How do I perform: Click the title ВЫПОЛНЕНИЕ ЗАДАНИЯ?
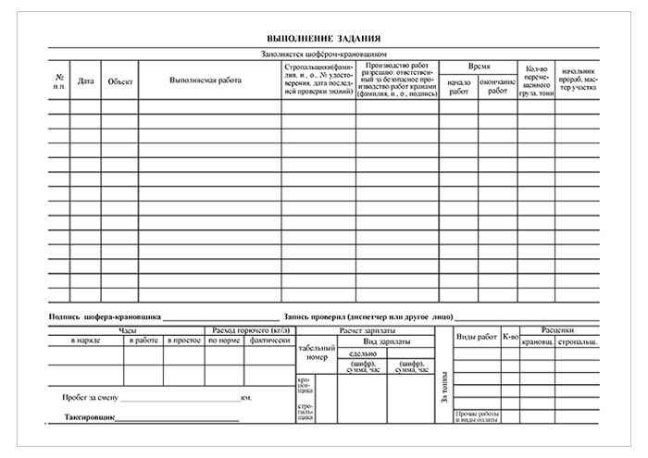click(323, 38)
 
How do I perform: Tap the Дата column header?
click(86, 81)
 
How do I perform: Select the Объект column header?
click(120, 81)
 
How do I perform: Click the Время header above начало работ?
click(479, 68)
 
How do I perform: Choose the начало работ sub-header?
click(458, 87)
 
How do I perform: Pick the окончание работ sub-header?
click(498, 87)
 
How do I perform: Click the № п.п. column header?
click(59, 81)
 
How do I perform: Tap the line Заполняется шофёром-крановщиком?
click(323, 54)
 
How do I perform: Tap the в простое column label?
click(183, 341)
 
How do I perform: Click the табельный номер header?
click(315, 352)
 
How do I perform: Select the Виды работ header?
click(476, 338)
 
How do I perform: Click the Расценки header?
click(560, 329)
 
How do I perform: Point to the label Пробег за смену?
click(91, 398)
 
